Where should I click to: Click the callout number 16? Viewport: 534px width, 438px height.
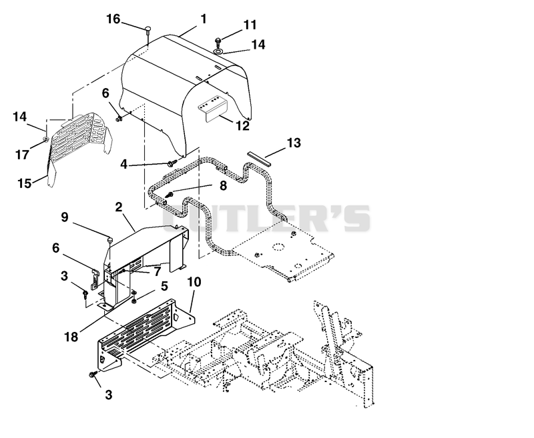(x=113, y=19)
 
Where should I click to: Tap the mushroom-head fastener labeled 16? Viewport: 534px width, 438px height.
(x=148, y=29)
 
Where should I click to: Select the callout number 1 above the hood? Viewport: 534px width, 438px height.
(x=204, y=19)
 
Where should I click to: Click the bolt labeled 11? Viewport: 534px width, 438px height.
(x=218, y=42)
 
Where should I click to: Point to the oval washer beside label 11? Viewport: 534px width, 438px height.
(x=218, y=51)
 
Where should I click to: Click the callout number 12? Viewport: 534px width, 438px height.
(x=243, y=126)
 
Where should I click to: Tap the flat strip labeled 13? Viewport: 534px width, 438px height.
(x=259, y=159)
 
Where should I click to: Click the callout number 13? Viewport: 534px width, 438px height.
(x=294, y=143)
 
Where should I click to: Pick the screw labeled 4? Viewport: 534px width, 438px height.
(x=172, y=163)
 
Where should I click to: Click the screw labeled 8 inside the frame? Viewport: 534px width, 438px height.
(x=169, y=195)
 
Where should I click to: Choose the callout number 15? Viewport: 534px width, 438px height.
(x=25, y=183)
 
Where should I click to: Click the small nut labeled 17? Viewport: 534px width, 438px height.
(x=45, y=139)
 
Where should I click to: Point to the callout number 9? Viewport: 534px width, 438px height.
(x=65, y=217)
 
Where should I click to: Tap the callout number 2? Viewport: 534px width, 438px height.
(x=119, y=207)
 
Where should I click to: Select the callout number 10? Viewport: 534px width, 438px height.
(x=194, y=282)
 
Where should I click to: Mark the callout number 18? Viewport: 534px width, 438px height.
(x=71, y=337)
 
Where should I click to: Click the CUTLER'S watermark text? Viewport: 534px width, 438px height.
(x=266, y=218)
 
